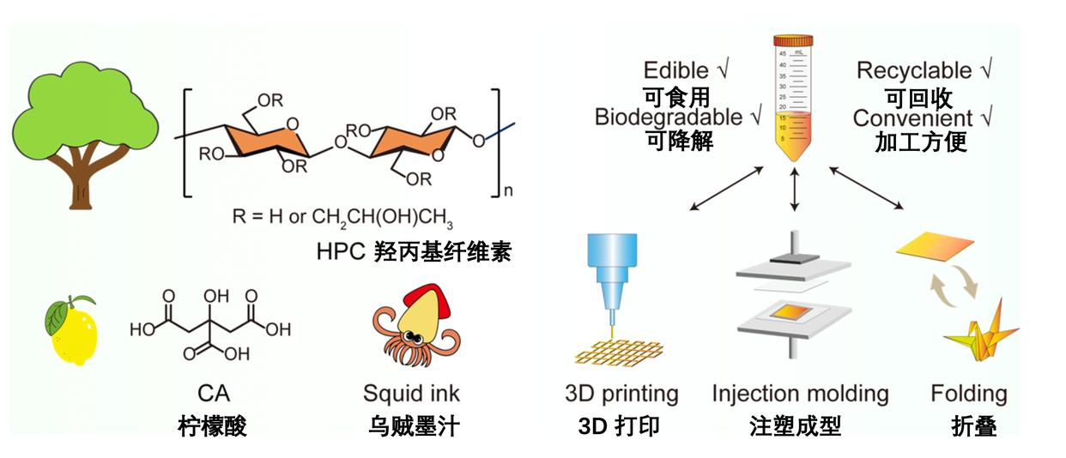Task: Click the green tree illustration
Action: (x=83, y=129)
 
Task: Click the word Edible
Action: (x=676, y=70)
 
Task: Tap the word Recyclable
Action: (x=915, y=70)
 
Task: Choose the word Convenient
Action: (x=912, y=118)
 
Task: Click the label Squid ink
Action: (x=411, y=394)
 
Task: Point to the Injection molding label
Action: (x=800, y=394)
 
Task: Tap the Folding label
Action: (x=969, y=394)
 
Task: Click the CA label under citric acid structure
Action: (x=213, y=394)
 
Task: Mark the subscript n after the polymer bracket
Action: (x=508, y=192)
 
